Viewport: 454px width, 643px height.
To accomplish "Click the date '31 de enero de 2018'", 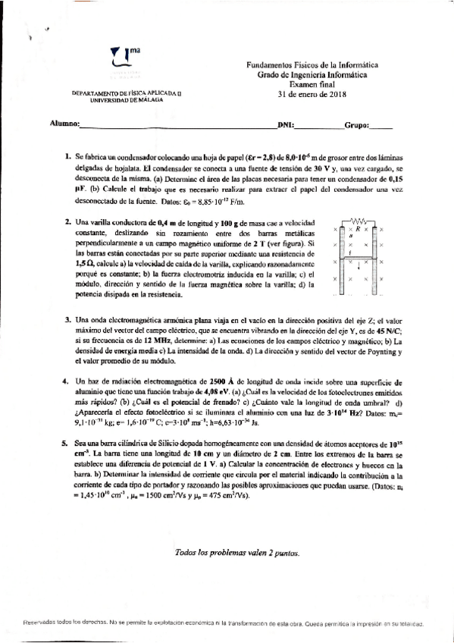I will pos(311,95).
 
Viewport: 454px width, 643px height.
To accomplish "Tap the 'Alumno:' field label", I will pos(64,124).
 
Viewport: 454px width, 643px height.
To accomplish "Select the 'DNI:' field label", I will pos(286,124).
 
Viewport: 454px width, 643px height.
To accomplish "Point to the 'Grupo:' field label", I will pos(357,124).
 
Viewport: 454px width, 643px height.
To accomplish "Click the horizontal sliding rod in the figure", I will pos(360,258).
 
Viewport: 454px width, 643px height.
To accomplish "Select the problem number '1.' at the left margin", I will pos(68,155).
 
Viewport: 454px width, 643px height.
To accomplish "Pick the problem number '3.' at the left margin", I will pos(68,321).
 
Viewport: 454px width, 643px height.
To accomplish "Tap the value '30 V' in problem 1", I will pos(327,167).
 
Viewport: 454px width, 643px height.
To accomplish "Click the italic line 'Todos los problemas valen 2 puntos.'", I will pos(237,554).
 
